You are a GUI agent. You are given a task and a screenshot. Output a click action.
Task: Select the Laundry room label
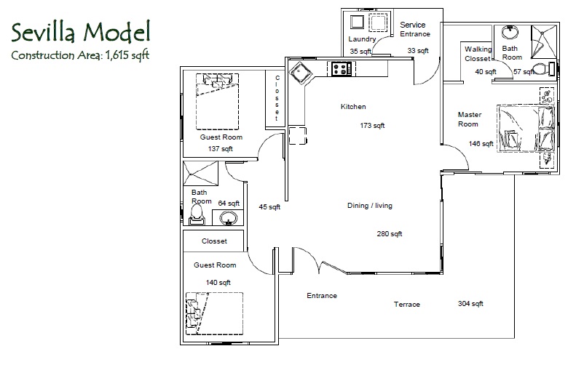point(362,39)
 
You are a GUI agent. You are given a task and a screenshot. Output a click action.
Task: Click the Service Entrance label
point(414,29)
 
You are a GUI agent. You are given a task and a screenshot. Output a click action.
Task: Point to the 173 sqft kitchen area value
point(372,126)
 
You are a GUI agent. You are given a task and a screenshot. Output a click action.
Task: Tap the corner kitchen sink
point(301,73)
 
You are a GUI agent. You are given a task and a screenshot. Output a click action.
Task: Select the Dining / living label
point(369,206)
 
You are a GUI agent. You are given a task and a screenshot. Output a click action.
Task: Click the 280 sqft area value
point(389,234)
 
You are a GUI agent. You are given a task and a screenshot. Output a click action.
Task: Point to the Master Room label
point(469,119)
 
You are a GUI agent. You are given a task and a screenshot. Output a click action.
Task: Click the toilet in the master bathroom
point(542,70)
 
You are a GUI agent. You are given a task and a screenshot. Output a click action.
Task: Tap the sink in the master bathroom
point(510,33)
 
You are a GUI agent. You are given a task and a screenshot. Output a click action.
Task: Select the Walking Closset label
point(478,54)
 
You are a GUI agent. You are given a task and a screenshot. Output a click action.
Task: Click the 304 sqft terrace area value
point(470,304)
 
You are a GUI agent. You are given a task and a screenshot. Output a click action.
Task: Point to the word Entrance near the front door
point(322,296)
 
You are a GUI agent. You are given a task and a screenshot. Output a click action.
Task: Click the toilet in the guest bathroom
point(197,215)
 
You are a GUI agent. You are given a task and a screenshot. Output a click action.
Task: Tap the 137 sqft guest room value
point(220,149)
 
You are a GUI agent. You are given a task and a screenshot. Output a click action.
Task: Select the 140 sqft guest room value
point(218,283)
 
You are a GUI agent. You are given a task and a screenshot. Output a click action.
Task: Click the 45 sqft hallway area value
point(269,207)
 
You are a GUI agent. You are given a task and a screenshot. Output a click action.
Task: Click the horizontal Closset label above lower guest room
point(214,241)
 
